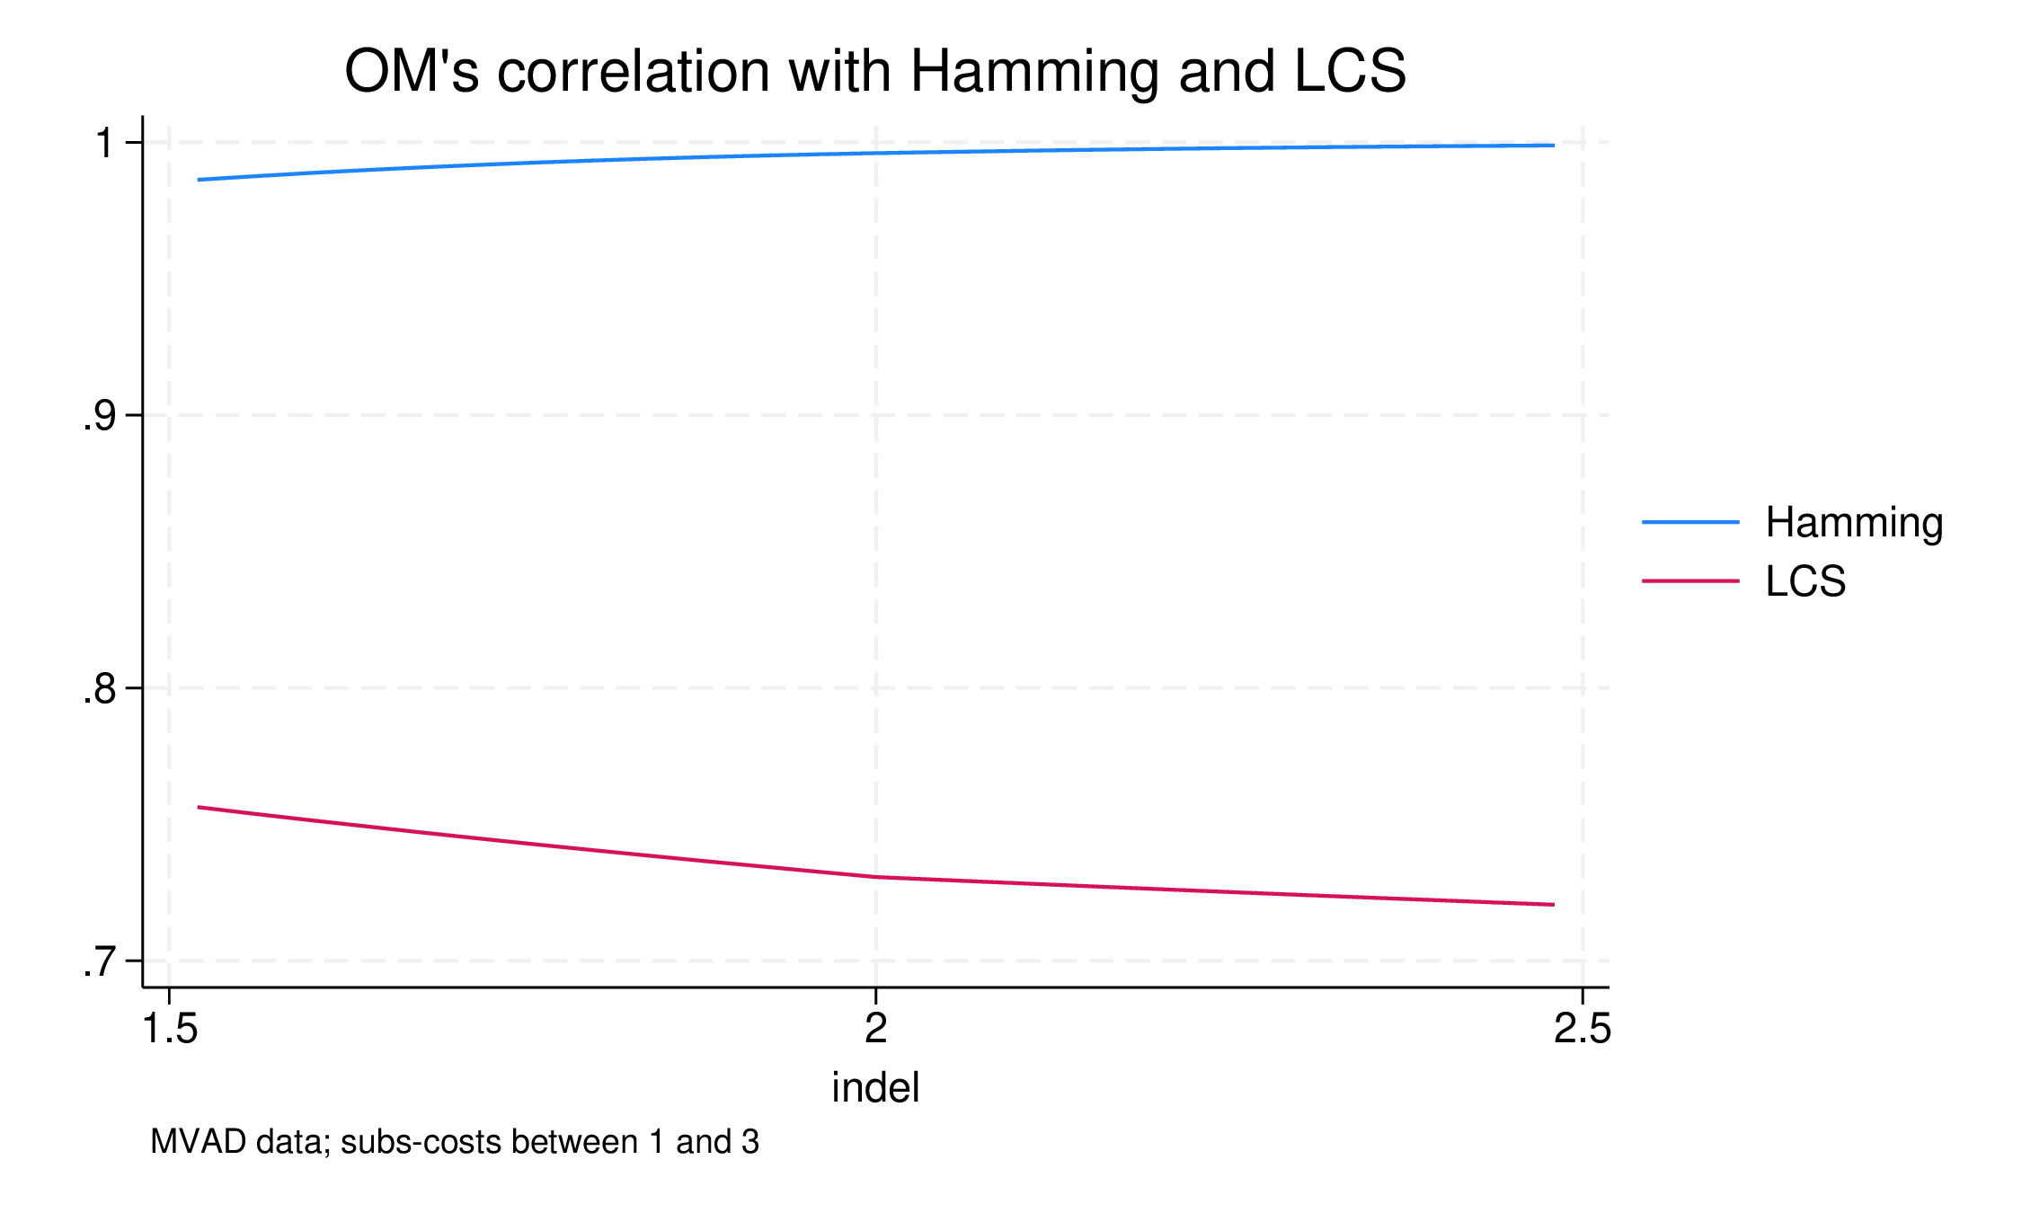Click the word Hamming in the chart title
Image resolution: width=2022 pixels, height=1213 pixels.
(1033, 71)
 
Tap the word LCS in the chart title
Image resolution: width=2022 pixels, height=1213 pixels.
(1350, 71)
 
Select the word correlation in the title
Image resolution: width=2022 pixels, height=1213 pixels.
(634, 71)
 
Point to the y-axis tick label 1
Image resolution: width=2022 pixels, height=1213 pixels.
(106, 143)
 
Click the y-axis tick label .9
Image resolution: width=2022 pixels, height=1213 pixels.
(99, 416)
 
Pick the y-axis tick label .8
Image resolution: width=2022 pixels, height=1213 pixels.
(99, 689)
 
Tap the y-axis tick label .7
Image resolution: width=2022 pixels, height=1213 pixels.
(99, 962)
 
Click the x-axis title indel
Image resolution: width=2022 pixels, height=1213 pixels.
(875, 1088)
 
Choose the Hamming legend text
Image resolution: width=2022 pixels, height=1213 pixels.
(1854, 523)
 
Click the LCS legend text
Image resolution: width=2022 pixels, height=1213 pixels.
(1805, 581)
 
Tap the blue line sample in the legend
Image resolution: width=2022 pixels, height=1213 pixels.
(1690, 522)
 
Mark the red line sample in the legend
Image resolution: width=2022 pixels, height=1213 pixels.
(1690, 581)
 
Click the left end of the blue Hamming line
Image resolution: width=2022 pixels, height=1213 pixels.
(200, 180)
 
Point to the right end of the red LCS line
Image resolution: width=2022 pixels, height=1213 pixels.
(1553, 905)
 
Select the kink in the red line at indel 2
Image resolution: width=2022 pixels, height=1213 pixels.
(876, 877)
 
